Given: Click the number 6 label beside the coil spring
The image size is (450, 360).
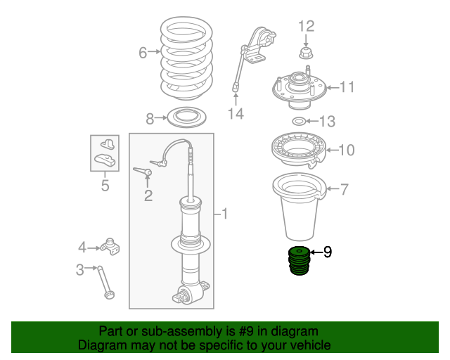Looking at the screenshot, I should point(143,53).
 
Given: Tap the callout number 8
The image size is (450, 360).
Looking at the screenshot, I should point(149,117).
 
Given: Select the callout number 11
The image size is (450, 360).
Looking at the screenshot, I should point(347,87).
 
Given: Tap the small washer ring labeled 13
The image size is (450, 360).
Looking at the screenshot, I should point(298,122).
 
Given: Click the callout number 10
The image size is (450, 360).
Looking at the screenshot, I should point(347,150).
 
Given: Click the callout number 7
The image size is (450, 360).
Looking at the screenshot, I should point(345,188).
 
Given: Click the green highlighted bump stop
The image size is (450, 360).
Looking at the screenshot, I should point(300,262).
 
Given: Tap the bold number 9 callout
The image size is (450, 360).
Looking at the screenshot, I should point(327,251).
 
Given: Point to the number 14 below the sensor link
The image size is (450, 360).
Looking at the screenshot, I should point(236,112).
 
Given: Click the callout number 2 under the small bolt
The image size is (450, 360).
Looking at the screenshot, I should point(148,195).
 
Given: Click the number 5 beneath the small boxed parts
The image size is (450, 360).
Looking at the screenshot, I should point(105,186).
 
